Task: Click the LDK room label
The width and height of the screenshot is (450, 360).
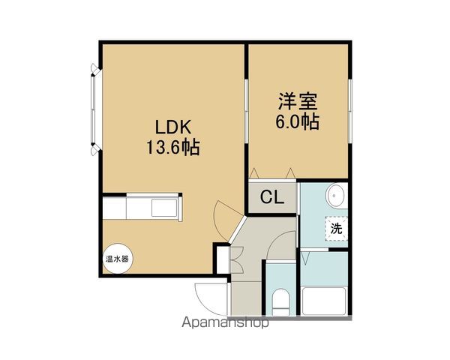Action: click(173, 127)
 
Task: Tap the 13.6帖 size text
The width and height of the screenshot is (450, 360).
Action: click(173, 147)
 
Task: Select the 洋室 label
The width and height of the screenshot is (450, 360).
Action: click(298, 101)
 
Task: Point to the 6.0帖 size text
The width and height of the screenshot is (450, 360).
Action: click(298, 121)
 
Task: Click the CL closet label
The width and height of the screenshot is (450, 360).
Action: click(272, 197)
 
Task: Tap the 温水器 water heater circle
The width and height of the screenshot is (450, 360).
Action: click(118, 259)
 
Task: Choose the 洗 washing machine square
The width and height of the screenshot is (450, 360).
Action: click(336, 229)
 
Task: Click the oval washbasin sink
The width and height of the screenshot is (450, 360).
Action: click(336, 196)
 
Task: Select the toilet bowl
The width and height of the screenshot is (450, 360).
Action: click(280, 302)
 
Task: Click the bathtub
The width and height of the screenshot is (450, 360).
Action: click(324, 301)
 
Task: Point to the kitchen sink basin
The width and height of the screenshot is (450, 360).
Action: click(164, 208)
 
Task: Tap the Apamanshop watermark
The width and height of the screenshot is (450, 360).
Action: click(225, 322)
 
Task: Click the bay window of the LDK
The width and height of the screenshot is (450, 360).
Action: click(94, 110)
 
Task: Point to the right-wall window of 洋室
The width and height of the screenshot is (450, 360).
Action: click(350, 111)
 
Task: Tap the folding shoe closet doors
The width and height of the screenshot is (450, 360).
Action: click(236, 260)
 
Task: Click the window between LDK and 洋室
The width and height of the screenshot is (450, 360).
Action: click(246, 111)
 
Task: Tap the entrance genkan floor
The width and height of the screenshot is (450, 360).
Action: click(245, 298)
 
